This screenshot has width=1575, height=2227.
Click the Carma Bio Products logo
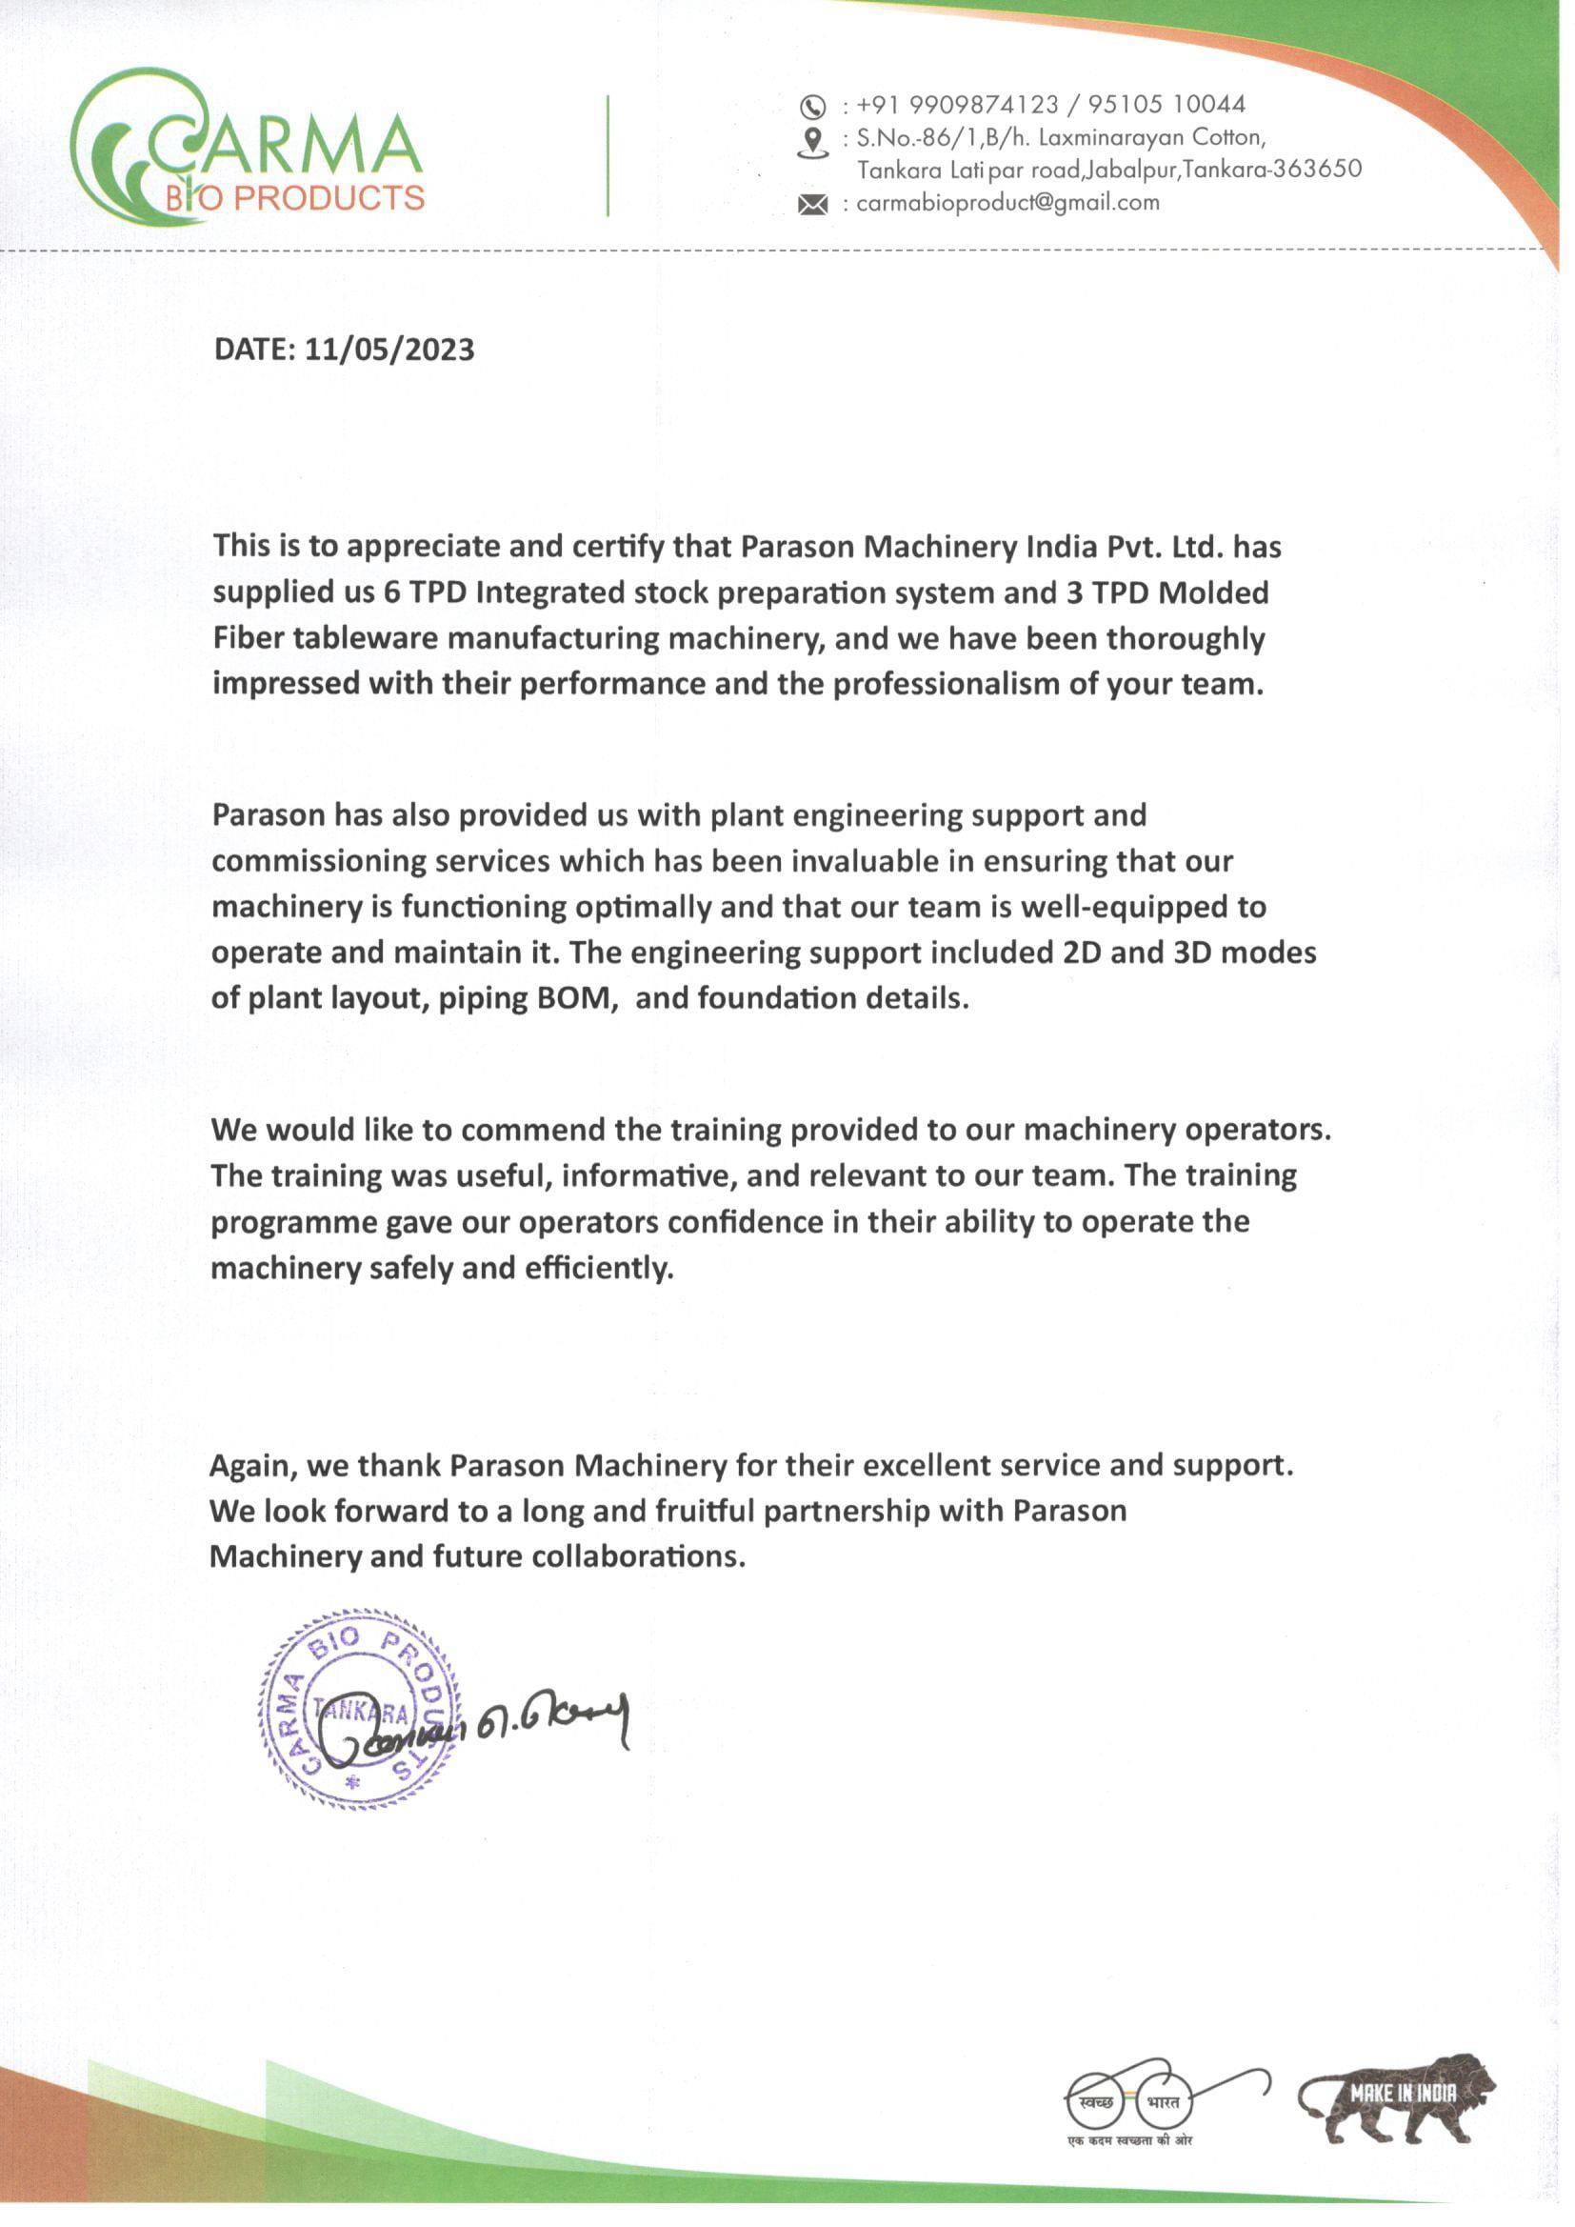(248, 148)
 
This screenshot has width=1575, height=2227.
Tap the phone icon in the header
(812, 106)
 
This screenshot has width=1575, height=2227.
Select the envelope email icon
(812, 205)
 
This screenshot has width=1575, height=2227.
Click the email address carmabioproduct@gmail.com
(1007, 203)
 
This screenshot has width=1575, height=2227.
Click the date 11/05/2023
(389, 350)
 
